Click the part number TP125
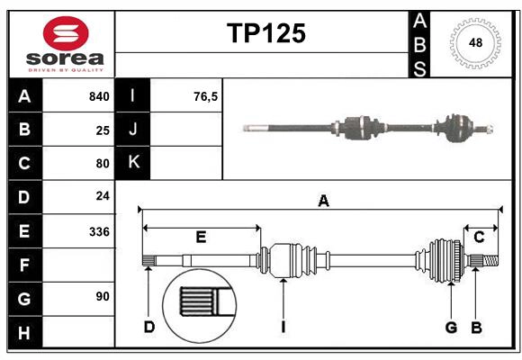265,33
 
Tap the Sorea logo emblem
66,33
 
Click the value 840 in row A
98,96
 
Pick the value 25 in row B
103,130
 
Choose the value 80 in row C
103,164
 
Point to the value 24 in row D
103,196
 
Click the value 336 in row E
99,231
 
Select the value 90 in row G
103,296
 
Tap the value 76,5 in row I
205,96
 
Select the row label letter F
24,265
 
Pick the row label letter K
133,163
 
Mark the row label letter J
133,130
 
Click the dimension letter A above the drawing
323,202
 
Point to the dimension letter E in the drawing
201,238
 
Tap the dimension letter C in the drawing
479,238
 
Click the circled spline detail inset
197,303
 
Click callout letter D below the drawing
149,327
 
